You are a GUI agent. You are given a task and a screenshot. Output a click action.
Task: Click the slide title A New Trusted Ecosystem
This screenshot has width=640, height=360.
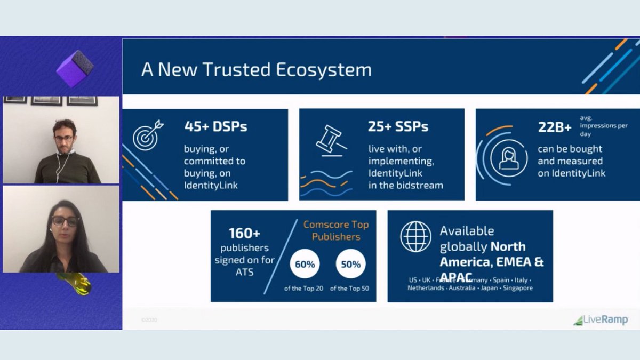tap(256, 70)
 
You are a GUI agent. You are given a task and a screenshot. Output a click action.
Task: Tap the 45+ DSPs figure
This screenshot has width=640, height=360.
tap(215, 126)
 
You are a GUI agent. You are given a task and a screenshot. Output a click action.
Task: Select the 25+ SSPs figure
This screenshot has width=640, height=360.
tap(398, 126)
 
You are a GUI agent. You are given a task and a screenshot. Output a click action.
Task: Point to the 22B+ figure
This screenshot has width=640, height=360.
tap(555, 127)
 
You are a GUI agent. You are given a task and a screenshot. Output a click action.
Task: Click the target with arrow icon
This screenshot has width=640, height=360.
tap(148, 135)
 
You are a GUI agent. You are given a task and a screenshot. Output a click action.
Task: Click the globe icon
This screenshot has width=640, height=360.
tap(416, 236)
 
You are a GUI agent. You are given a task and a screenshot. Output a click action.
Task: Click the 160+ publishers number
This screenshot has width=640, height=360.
tap(244, 234)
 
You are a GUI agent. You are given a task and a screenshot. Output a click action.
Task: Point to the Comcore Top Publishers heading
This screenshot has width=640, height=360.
tap(336, 230)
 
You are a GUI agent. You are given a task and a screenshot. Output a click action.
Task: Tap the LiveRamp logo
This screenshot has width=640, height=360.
tap(601, 320)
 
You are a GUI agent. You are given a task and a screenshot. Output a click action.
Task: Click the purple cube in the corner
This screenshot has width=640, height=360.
tap(75, 68)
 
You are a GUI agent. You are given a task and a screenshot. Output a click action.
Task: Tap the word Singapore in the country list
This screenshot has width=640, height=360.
tap(516, 288)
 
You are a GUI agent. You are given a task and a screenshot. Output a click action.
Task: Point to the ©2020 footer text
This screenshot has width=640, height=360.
tap(149, 320)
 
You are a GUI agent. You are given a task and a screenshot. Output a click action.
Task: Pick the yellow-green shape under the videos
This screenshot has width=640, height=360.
tap(75, 283)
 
